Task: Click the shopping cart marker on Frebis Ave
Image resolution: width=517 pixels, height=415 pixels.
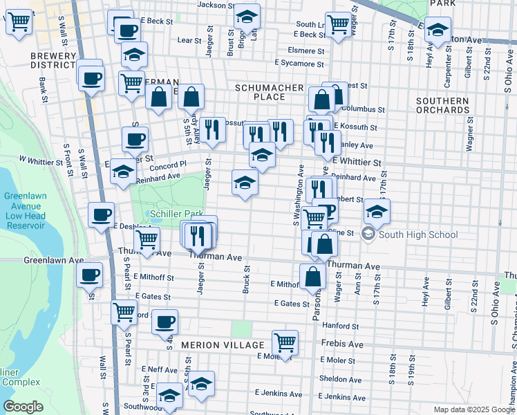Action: [285, 342]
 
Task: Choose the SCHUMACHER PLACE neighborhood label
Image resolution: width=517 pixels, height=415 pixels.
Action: [269, 92]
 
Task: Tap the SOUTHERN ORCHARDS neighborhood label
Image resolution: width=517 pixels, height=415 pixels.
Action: [442, 105]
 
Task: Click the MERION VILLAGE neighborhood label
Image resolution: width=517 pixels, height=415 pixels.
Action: [223, 344]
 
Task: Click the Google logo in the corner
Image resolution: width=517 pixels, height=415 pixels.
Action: [23, 406]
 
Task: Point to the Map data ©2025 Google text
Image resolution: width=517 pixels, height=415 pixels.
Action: [474, 409]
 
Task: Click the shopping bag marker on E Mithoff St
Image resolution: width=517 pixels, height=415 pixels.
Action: [313, 276]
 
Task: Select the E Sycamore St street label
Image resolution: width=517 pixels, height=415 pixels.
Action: [299, 64]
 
